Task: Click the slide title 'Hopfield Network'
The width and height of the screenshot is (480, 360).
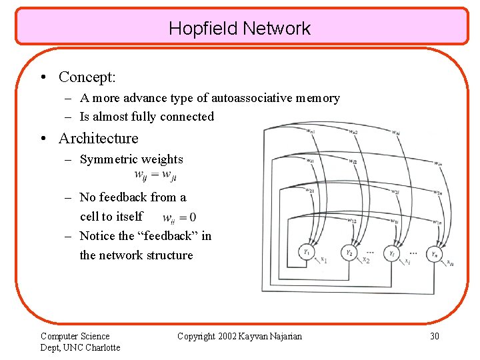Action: (x=239, y=29)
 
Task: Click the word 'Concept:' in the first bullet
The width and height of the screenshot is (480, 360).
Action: (x=87, y=77)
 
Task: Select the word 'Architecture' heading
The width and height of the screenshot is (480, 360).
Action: (x=99, y=139)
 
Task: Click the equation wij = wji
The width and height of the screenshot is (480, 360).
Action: (x=155, y=175)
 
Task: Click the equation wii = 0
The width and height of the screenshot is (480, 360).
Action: (x=179, y=217)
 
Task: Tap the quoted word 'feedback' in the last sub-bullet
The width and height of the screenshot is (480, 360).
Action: (x=159, y=236)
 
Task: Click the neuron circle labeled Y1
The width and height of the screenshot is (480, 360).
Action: (x=306, y=253)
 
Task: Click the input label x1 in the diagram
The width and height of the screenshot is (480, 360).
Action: (x=324, y=260)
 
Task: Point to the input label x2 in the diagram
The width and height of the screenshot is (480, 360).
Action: (x=365, y=260)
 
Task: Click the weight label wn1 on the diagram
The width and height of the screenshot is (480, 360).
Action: (x=311, y=131)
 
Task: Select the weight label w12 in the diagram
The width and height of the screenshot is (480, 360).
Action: (x=352, y=221)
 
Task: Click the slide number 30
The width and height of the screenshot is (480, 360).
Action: (x=434, y=336)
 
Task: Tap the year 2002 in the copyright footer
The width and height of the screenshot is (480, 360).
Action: (x=230, y=336)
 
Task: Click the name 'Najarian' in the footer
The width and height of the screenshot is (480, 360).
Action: (x=284, y=336)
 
